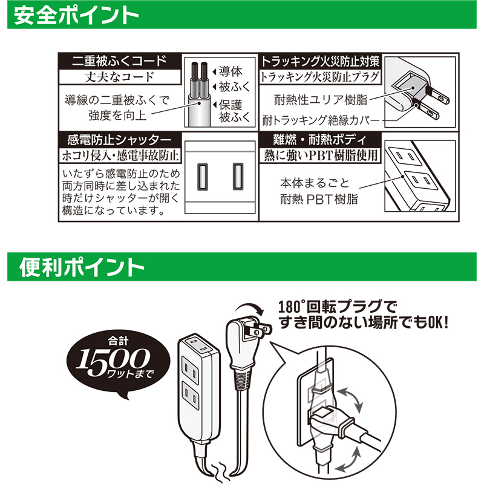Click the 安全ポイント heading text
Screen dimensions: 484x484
tap(76, 16)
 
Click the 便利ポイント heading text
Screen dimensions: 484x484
tap(82, 267)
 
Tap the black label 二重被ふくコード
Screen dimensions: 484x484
tap(119, 61)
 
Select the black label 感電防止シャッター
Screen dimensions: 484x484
tap(119, 140)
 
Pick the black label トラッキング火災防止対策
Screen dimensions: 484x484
tap(320, 61)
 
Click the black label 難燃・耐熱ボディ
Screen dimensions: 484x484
tap(320, 140)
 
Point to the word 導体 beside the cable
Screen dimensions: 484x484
tap(231, 71)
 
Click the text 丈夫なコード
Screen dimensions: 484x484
tap(119, 77)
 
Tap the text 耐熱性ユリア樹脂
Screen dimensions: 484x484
tap(321, 100)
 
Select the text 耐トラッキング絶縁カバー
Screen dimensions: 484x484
tap(321, 120)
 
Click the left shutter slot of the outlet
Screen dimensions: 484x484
tap(203, 176)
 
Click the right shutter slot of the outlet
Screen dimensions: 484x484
tap(238, 176)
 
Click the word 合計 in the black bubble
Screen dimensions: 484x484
tap(118, 341)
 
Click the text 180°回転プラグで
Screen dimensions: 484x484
tap(337, 307)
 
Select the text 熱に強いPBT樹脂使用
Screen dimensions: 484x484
tap(321, 155)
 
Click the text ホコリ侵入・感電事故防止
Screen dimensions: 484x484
tap(120, 155)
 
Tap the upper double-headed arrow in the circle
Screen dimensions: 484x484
tap(350, 400)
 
